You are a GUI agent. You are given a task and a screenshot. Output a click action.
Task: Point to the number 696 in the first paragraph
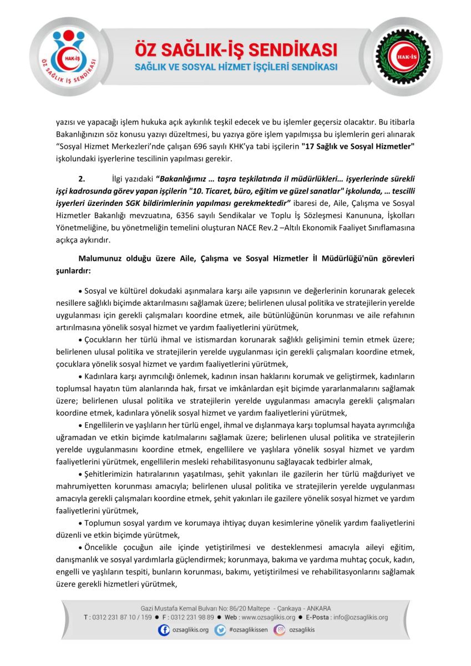pos(219,148)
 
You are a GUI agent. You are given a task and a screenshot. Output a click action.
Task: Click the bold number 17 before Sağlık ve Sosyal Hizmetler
pos(309,148)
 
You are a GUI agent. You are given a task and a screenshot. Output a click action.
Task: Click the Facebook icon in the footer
pos(164,630)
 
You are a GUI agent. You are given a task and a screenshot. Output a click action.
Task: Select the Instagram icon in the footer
pos(281,630)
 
